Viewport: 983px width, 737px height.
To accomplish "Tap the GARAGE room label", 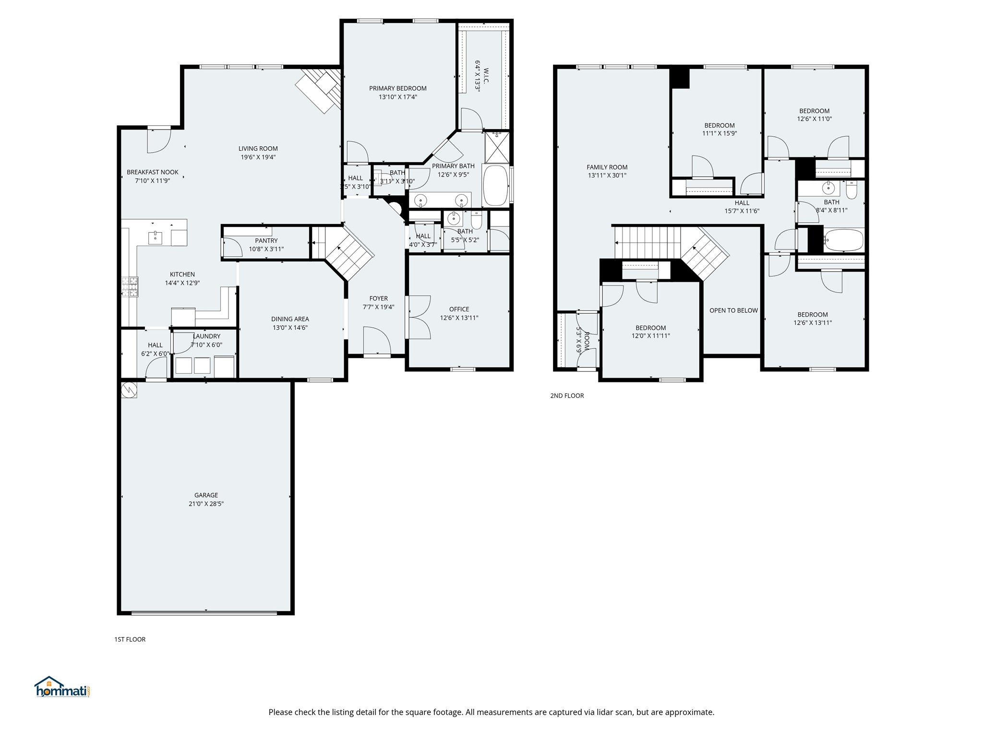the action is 206,495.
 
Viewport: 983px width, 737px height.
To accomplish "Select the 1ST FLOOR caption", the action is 130,639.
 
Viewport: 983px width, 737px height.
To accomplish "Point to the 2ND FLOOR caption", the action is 567,396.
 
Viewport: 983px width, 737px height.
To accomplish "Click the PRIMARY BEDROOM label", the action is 398,88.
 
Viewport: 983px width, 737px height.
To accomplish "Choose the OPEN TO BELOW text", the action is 733,310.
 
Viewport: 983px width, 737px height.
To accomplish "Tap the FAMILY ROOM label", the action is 607,167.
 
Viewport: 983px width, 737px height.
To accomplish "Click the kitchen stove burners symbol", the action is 130,287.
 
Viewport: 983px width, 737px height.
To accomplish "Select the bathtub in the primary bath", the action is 495,185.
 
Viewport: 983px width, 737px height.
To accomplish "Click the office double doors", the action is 419,317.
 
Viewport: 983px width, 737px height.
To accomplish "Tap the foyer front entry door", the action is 377,342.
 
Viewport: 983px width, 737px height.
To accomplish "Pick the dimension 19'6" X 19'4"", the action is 258,157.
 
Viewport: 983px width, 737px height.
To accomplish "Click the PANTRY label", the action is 266,241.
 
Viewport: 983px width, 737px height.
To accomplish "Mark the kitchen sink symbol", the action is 155,238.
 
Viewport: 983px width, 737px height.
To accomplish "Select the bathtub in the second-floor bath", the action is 843,240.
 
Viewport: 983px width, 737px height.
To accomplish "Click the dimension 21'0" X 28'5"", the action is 206,504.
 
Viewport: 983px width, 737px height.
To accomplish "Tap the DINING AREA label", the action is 290,319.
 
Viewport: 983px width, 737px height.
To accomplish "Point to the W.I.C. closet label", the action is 486,75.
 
